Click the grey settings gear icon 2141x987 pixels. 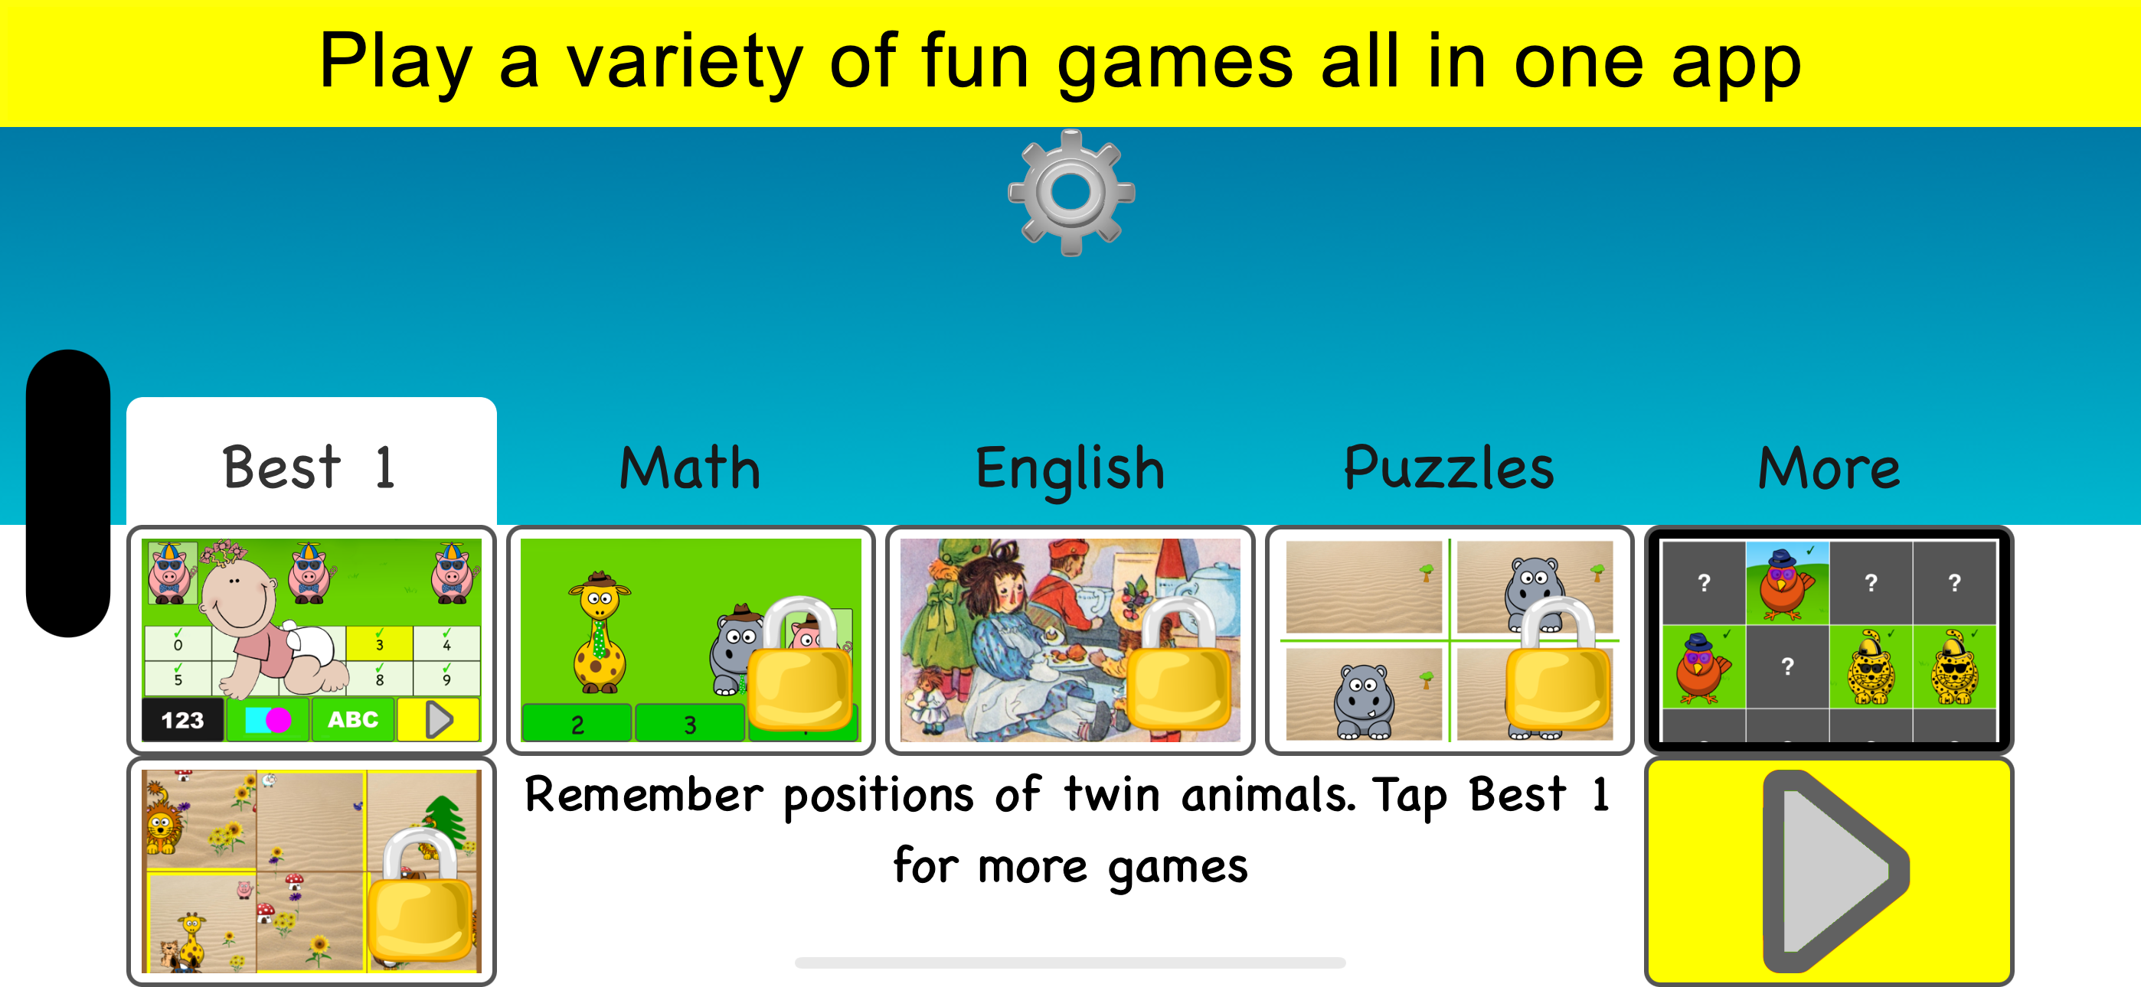1070,192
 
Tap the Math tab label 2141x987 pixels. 690,467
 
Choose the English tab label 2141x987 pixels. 1070,471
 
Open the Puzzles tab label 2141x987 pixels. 1449,467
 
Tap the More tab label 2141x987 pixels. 1829,467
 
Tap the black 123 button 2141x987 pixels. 183,719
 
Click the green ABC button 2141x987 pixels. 352,719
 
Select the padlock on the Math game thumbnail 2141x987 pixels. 801,664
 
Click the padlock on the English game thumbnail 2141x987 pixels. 1179,664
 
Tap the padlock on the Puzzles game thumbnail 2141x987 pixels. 1558,664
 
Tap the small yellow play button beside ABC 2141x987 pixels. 438,719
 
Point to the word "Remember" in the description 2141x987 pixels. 644,794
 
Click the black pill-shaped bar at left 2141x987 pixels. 68,493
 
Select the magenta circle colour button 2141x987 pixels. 279,719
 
